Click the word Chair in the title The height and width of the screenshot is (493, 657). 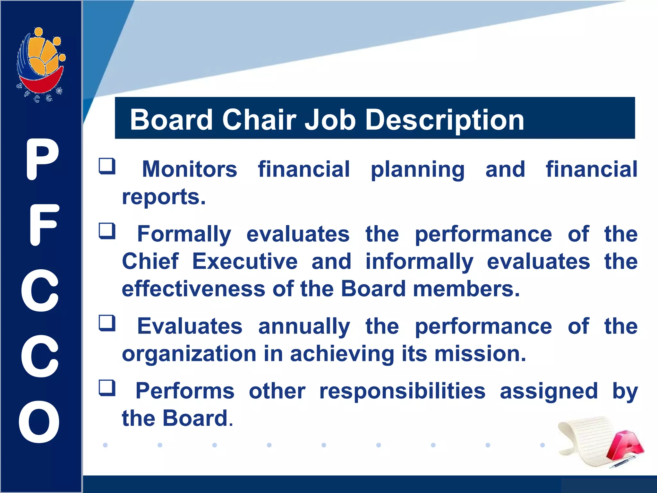pos(259,119)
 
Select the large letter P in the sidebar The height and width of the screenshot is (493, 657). pos(42,160)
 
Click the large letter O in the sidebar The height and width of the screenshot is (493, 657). pos(39,421)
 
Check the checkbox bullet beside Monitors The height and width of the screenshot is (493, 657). pos(107,166)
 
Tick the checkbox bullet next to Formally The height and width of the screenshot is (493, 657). pos(107,231)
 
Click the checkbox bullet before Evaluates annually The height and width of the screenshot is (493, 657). pos(107,323)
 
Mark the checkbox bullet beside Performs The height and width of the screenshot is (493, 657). pos(107,388)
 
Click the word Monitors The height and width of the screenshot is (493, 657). pos(189,169)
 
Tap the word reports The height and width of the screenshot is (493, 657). pos(164,197)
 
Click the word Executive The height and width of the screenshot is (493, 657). pos(245,261)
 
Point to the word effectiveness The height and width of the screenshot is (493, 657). pos(193,289)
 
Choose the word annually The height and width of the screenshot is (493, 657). pos(304,327)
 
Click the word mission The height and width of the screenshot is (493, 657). pos(480,354)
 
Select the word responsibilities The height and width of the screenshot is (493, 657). pos(402,391)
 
